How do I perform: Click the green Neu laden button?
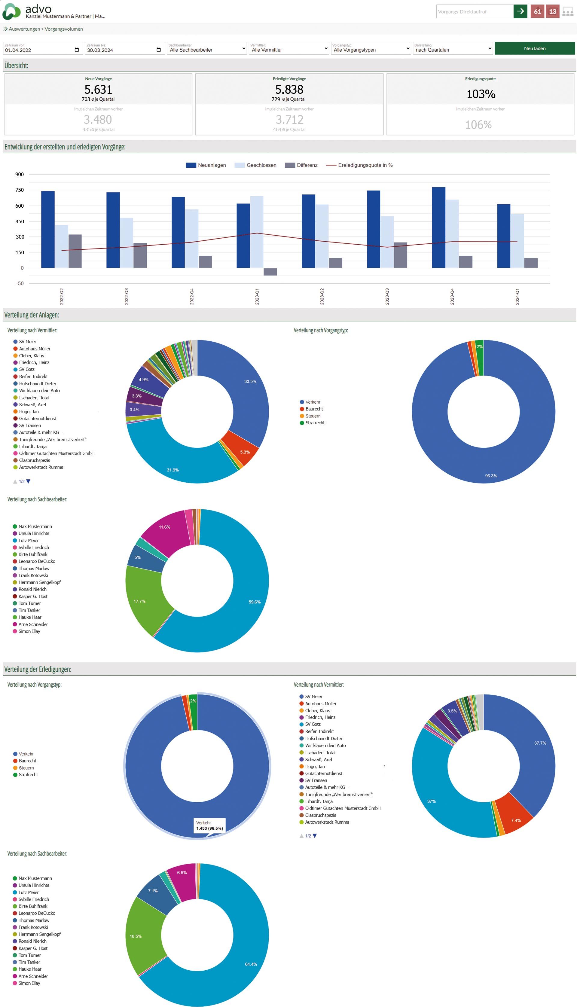coord(534,48)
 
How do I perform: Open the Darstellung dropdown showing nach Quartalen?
coord(453,49)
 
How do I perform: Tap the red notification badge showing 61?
coord(537,11)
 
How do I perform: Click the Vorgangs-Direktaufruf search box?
coord(474,11)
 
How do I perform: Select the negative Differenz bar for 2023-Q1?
coord(270,272)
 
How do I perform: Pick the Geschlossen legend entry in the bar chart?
coord(256,165)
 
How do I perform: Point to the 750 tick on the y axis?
coord(20,190)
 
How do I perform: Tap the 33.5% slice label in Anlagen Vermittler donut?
coord(250,381)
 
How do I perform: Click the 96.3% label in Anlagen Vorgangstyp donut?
coord(491,476)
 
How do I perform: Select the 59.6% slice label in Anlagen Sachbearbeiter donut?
coord(255,602)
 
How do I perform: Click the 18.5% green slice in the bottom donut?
coord(136,936)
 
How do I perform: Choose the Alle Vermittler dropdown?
coord(289,49)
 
